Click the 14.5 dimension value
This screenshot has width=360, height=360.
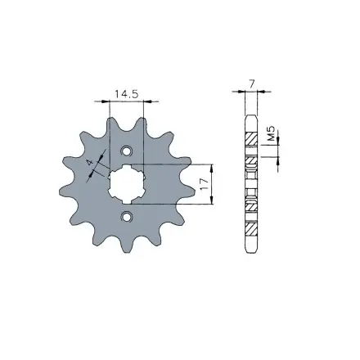click(x=125, y=94)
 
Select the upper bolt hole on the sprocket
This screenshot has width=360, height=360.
click(x=127, y=152)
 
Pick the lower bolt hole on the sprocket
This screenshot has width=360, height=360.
click(x=127, y=216)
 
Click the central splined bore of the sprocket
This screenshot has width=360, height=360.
click(x=127, y=184)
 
